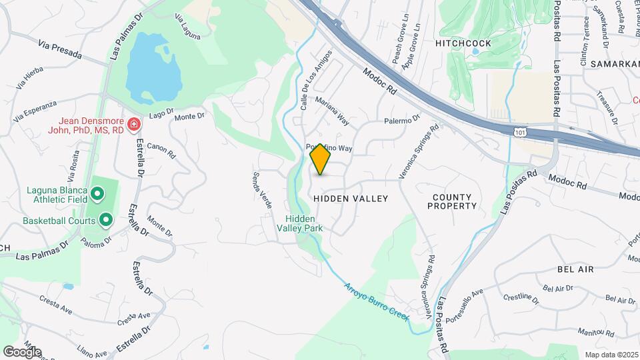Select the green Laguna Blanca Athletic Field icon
pos(97,194)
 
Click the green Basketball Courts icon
pos(106,219)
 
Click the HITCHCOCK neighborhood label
pos(463,43)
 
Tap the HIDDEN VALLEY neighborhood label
pos(350,199)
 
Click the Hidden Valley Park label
pos(304,223)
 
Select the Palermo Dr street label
pos(402,120)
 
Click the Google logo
pos(22,351)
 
